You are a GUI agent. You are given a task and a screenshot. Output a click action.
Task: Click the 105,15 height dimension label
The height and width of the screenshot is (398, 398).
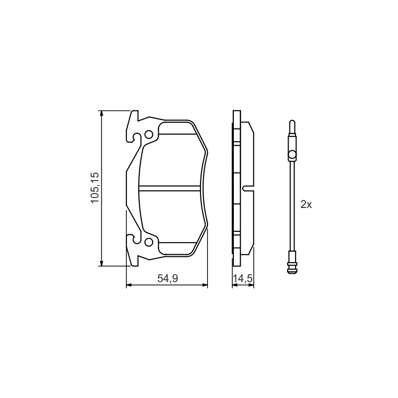coord(95,188)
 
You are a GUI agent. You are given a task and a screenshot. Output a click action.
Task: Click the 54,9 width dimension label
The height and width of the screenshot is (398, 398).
coord(168,279)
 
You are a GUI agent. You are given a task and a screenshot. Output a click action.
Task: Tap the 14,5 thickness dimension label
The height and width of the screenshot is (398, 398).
coord(243,279)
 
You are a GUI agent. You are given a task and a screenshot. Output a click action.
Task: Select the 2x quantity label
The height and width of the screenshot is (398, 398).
coord(306,204)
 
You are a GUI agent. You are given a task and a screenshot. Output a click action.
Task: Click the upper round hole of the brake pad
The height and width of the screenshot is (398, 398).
coord(149,134)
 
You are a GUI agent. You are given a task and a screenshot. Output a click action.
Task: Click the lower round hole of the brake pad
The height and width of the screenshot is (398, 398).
coord(149,242)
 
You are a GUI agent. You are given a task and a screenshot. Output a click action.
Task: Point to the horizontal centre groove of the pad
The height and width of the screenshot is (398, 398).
coord(170,188)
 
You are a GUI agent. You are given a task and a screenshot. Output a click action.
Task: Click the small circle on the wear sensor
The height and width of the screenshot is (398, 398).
coord(292,154)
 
